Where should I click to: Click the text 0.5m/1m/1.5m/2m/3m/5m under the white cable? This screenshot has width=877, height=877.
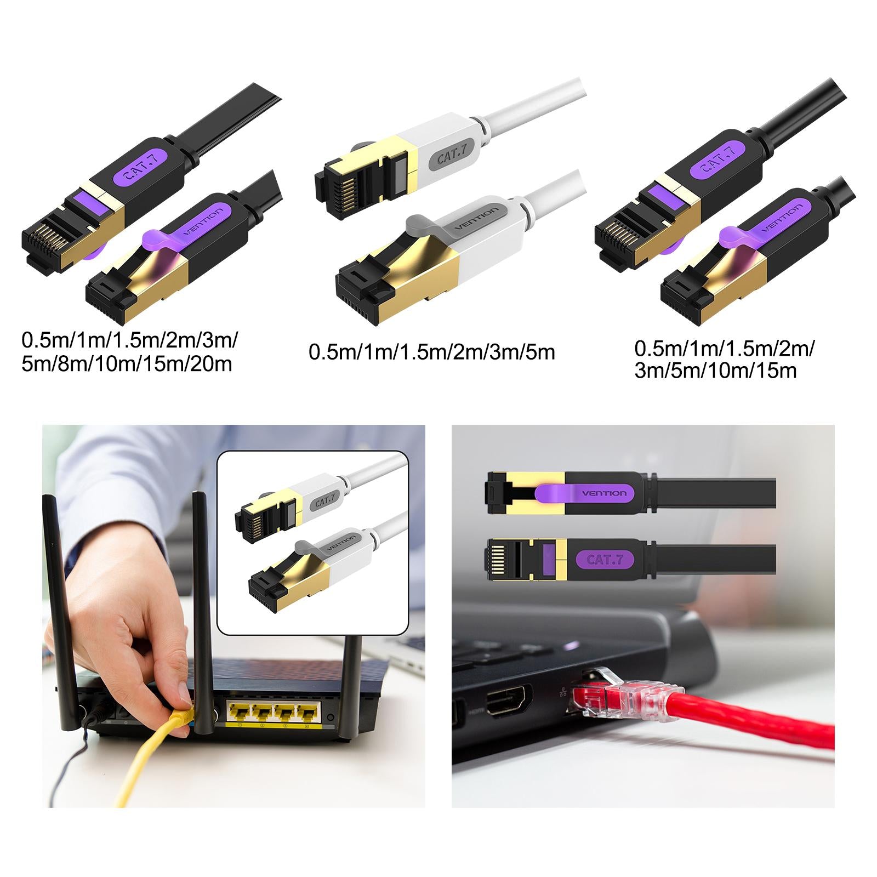[432, 351]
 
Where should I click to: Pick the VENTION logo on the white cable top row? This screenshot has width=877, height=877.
[480, 220]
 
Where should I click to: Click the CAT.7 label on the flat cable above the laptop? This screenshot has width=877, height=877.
[605, 560]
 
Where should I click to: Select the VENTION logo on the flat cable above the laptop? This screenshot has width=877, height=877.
[604, 493]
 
